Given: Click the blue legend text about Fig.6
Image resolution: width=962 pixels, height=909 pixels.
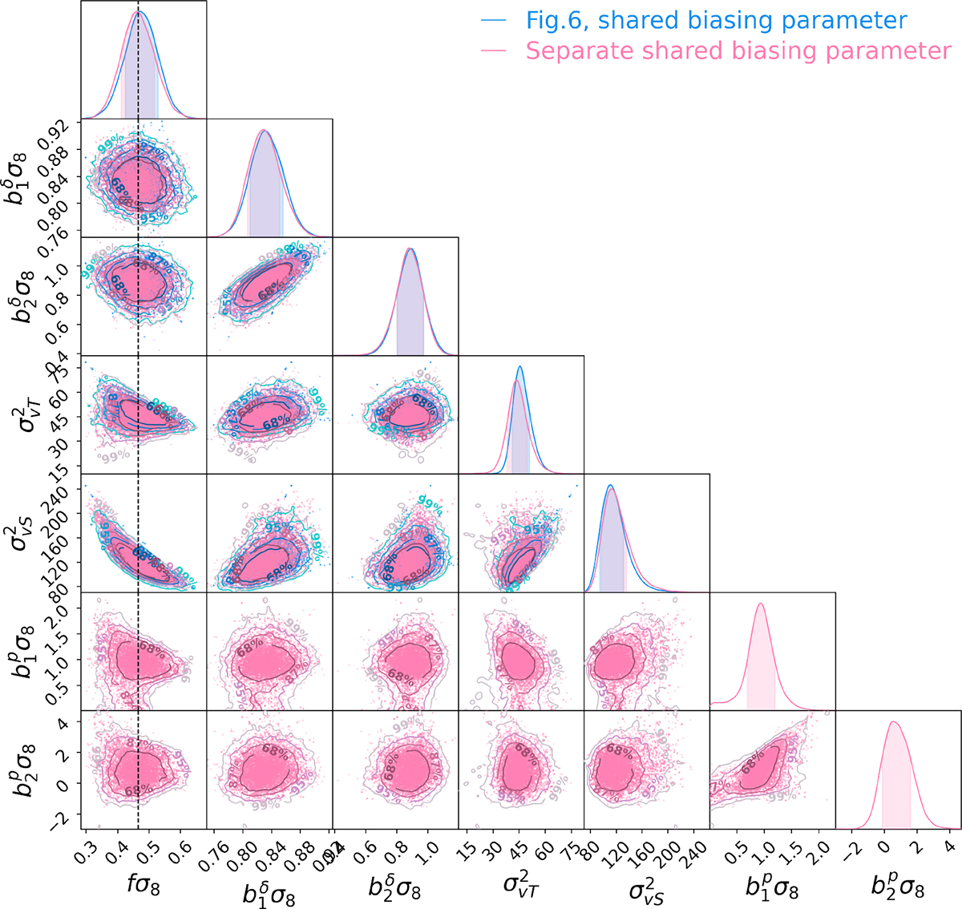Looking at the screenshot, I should pyautogui.click(x=716, y=20).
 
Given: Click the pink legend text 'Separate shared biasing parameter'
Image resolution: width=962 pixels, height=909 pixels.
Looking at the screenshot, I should pyautogui.click(x=738, y=51).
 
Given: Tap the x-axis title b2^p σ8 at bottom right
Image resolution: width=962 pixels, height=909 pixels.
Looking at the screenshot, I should pyautogui.click(x=898, y=887).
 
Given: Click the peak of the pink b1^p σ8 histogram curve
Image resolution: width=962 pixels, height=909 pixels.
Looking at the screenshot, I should pyautogui.click(x=760, y=604).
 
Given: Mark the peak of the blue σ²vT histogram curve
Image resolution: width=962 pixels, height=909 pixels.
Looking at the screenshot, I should pyautogui.click(x=520, y=367).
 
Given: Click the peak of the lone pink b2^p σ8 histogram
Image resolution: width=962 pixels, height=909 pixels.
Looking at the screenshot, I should pyautogui.click(x=894, y=722).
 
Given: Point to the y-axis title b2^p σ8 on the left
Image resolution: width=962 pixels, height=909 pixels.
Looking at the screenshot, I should pyautogui.click(x=24, y=770).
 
